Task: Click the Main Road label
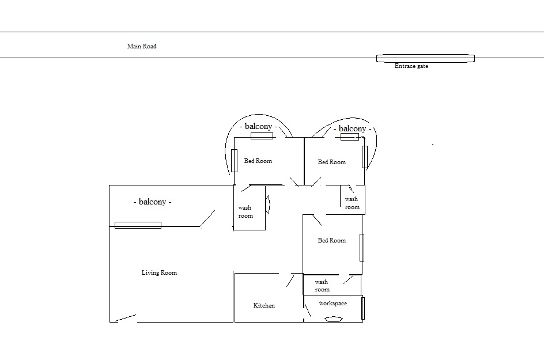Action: pos(142,46)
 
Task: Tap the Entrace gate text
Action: pos(411,66)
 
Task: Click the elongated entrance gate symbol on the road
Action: pos(425,58)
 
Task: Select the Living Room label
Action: pos(159,272)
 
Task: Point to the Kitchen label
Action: pos(264,305)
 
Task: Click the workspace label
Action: pos(333,303)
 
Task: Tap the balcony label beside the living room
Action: pos(152,202)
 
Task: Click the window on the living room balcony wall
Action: pos(138,225)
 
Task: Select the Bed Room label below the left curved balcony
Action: pos(258,161)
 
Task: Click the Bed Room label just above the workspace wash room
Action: pos(332,240)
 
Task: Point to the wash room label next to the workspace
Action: pos(322,286)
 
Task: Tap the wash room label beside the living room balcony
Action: pos(245,211)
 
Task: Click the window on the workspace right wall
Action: pos(363,308)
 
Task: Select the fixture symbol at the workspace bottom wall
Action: pos(334,319)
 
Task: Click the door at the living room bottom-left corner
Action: pos(125,319)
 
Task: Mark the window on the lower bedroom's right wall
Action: pos(362,248)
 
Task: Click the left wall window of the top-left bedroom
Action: pos(234,161)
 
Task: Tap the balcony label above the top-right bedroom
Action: pos(352,128)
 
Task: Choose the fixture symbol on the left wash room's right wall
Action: pos(267,204)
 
